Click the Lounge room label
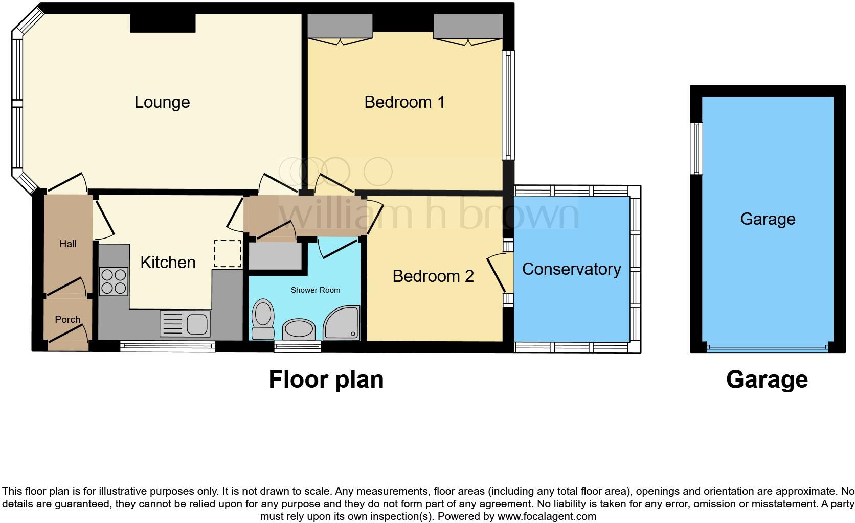162,102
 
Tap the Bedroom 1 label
404,102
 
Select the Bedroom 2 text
433,276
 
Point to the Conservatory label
571,269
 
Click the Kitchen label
168,263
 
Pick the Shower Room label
315,290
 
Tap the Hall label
68,244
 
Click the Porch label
67,320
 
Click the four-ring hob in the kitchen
114,281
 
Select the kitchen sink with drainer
185,323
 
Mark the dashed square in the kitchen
228,254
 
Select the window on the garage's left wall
696,148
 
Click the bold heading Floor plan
326,380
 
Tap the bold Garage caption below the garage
767,380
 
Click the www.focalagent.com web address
546,516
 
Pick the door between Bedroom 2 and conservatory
497,273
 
